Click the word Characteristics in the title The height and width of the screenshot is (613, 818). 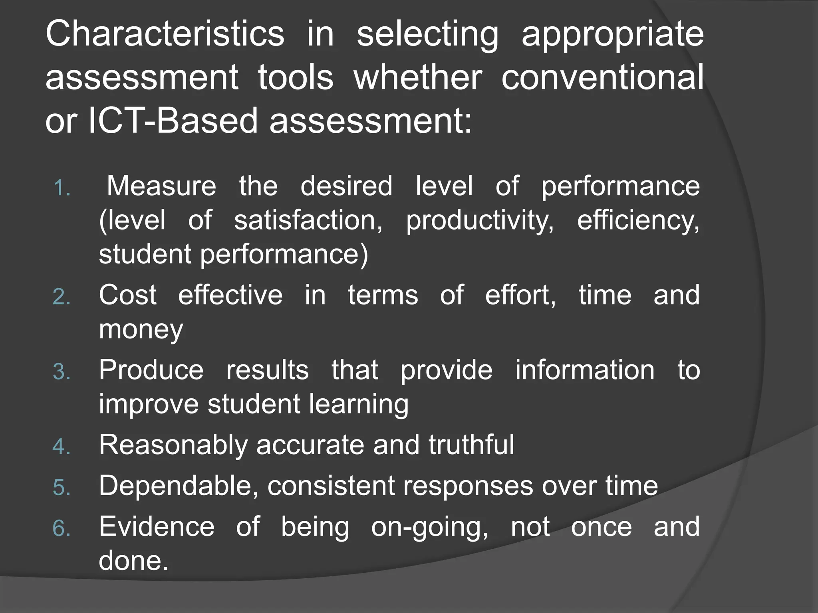[165, 34]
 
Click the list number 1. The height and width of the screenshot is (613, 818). [62, 188]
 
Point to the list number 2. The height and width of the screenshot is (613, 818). [62, 297]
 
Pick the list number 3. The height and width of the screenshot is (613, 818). [62, 372]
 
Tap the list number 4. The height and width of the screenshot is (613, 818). [62, 447]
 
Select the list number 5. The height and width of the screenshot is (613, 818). [62, 488]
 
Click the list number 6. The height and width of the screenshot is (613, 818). [62, 528]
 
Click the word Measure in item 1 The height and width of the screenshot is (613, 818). [161, 186]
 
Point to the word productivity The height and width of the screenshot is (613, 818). [479, 221]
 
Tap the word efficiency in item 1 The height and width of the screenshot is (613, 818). [638, 221]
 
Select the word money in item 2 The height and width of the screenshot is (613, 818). [141, 330]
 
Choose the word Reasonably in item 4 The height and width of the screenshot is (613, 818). [173, 445]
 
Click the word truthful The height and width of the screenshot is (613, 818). [471, 445]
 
